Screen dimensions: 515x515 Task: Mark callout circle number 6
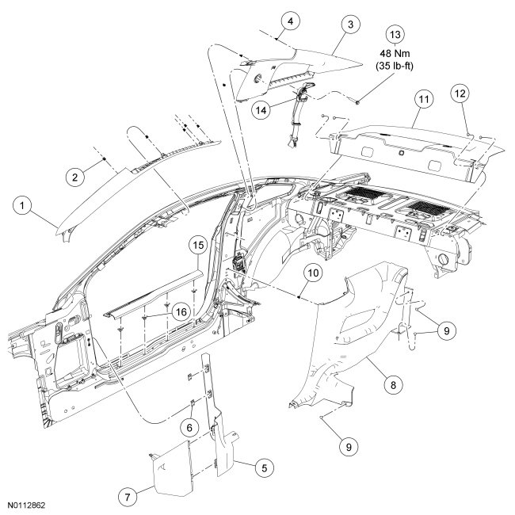[189, 426]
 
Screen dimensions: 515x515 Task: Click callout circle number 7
[125, 495]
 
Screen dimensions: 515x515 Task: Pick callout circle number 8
[391, 384]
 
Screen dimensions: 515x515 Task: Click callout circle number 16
[181, 314]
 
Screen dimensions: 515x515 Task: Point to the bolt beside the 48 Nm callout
[359, 102]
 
